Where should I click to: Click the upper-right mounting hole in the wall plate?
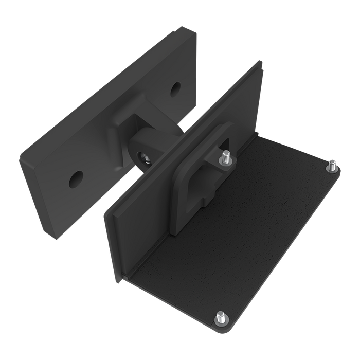tap(176, 87)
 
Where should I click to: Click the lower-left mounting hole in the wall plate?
tap(77, 178)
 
